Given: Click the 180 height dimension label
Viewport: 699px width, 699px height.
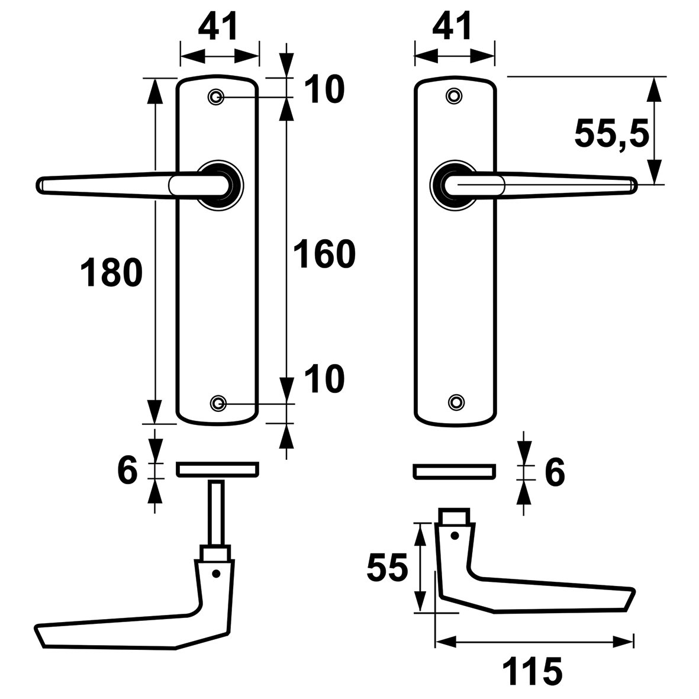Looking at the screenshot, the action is click(111, 272).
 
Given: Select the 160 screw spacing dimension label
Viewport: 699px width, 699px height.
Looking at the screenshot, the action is click(324, 254).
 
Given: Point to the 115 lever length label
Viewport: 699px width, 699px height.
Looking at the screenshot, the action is click(532, 671).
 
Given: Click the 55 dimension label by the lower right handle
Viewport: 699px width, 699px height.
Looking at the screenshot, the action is click(387, 568).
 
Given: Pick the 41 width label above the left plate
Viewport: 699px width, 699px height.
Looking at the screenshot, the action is click(218, 26).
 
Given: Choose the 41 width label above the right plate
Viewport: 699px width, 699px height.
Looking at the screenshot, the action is click(452, 26).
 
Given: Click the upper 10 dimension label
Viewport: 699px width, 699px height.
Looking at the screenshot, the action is click(324, 89).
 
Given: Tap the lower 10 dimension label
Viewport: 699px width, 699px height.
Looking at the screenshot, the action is click(324, 379).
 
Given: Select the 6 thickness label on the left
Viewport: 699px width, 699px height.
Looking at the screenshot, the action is click(127, 471).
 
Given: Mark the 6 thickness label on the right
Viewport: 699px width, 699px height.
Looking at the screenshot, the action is click(555, 472).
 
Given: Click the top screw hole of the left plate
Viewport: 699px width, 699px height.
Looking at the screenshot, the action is click(216, 96).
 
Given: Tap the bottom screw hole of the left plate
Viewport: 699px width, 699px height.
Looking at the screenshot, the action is click(218, 404).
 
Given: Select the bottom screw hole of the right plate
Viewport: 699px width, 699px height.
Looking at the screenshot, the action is click(456, 402).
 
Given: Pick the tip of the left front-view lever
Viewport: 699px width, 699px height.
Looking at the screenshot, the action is click(37, 185).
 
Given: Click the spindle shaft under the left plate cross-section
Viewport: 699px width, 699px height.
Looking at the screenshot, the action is click(217, 513).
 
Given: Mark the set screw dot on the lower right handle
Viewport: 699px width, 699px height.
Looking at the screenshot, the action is click(455, 535).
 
